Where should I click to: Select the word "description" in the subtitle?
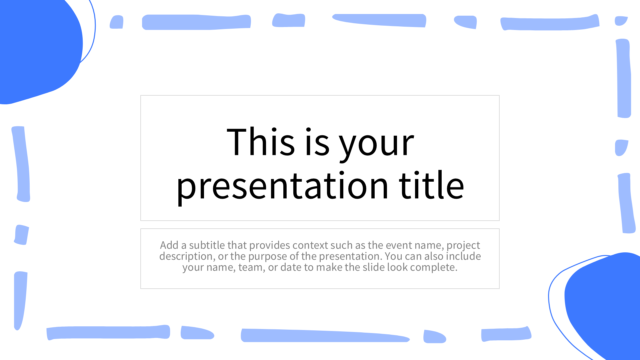tap(187, 257)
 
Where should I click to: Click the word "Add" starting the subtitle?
tap(169, 245)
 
